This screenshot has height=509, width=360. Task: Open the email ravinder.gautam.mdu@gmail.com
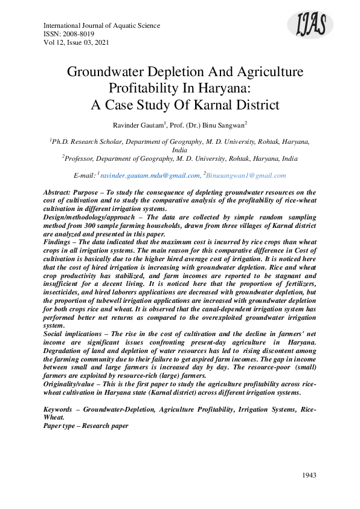[x=150, y=175]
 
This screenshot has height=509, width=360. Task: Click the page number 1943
[x=309, y=475]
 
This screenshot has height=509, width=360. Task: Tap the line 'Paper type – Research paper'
[x=86, y=426]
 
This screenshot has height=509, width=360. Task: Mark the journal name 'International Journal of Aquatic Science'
[x=102, y=26]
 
